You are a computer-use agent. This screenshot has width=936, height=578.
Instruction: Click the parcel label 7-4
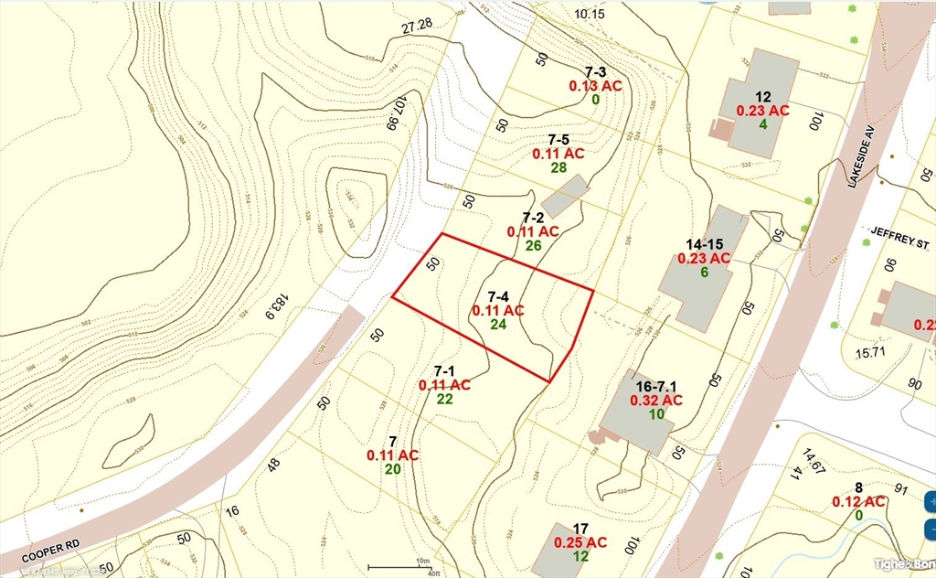(x=498, y=296)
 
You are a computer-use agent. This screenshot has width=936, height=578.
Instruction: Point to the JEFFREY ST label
(x=899, y=245)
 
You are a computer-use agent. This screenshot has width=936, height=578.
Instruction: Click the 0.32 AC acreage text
(x=655, y=401)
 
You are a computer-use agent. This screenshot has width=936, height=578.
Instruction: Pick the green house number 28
(x=558, y=167)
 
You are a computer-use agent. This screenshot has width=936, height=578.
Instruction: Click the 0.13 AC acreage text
(x=595, y=85)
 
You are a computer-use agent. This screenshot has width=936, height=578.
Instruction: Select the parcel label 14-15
(x=705, y=244)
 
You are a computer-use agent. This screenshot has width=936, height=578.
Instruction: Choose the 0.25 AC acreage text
(x=580, y=542)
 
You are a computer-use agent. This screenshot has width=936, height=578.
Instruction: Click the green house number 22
(x=444, y=399)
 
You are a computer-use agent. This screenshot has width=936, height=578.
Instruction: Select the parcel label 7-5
(x=558, y=139)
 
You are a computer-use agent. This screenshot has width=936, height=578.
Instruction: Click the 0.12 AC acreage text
(x=858, y=501)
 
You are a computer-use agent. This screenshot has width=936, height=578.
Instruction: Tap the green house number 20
(x=392, y=469)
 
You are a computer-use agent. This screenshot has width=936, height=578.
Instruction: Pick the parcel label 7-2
(x=533, y=218)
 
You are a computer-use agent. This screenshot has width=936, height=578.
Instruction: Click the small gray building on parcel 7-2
(x=565, y=196)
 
